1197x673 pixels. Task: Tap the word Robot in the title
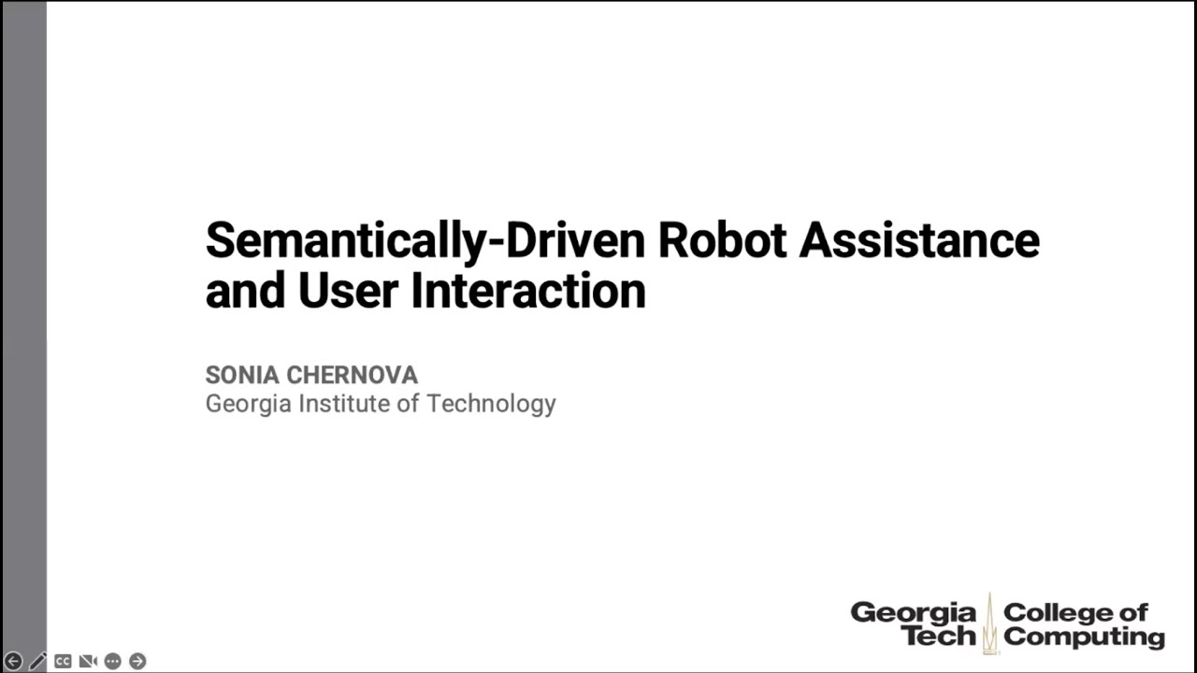coord(721,241)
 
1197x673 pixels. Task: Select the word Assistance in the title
coord(918,241)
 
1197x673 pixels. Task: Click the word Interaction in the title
coord(528,292)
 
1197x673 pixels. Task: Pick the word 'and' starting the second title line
coord(245,292)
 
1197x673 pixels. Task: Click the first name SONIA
coord(242,375)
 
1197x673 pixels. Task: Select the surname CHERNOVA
coord(352,375)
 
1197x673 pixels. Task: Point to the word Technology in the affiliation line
coord(492,405)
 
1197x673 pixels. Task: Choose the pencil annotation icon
coord(37,662)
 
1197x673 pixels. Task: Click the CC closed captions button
coord(63,662)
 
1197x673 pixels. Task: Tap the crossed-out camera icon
coord(88,662)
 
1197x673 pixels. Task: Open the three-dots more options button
coord(113,662)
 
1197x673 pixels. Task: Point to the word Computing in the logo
coord(1084,637)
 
